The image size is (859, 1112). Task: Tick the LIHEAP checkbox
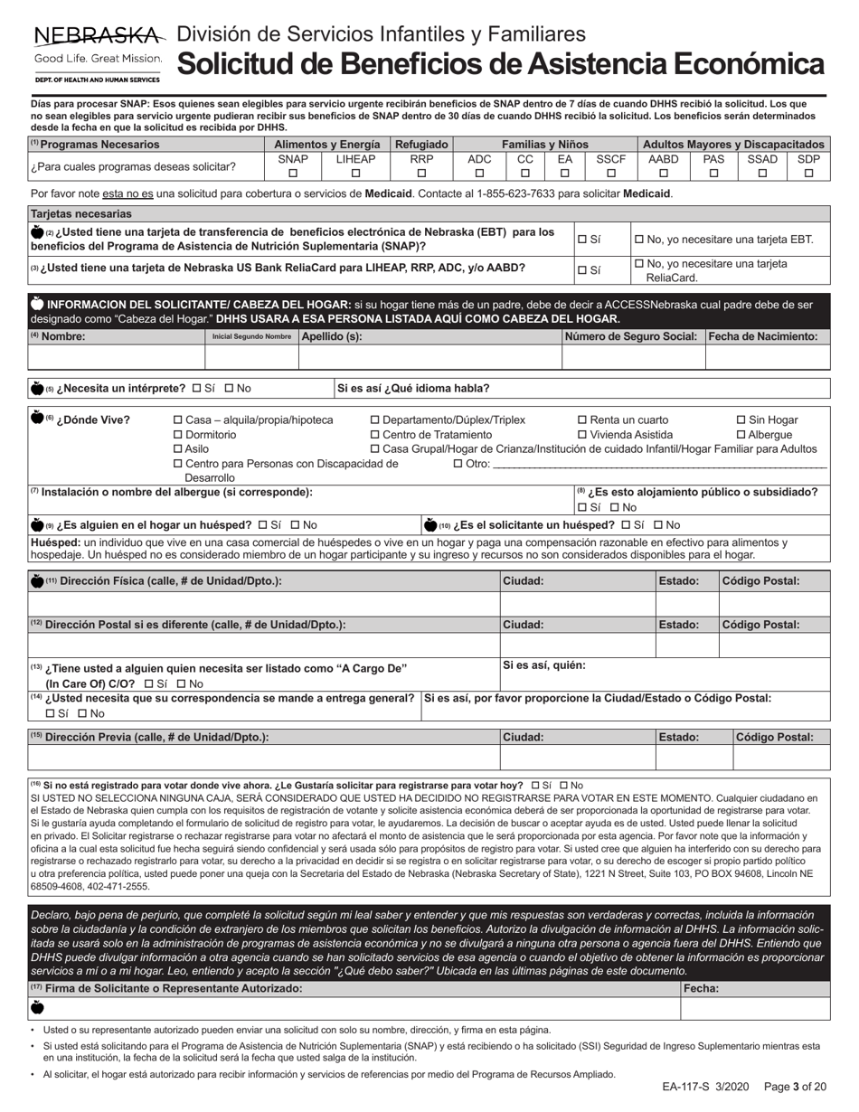pos(355,174)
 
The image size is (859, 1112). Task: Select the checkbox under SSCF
pos(610,174)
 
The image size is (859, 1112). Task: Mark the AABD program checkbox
pos(664,174)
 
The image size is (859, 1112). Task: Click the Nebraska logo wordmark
pos(99,36)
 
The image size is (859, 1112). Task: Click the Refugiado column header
pos(420,144)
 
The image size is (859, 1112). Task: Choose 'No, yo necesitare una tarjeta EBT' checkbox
pos(640,240)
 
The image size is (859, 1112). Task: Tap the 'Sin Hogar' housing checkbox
pos(741,420)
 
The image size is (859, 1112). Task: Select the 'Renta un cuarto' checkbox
pos(582,420)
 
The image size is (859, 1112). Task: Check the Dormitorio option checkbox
pos(178,435)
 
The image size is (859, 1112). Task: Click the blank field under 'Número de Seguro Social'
pos(633,357)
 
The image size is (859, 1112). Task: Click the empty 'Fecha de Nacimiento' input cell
pos(767,357)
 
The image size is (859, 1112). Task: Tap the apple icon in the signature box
pos(37,1008)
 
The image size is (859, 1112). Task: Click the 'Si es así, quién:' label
pos(544,665)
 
